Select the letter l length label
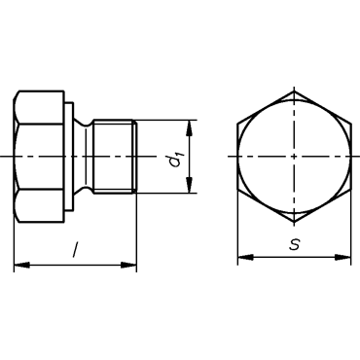(76, 250)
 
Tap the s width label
(295, 244)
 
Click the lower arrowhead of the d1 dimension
(190, 185)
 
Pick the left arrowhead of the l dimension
(21, 265)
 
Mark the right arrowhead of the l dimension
(128, 265)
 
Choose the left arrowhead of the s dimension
(245, 257)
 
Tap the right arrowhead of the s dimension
(342, 257)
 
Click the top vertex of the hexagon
(294, 91)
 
